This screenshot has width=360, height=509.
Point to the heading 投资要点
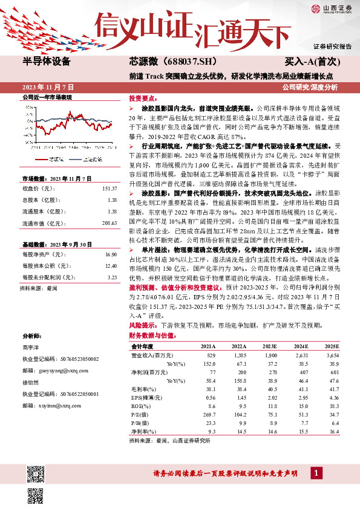143,97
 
